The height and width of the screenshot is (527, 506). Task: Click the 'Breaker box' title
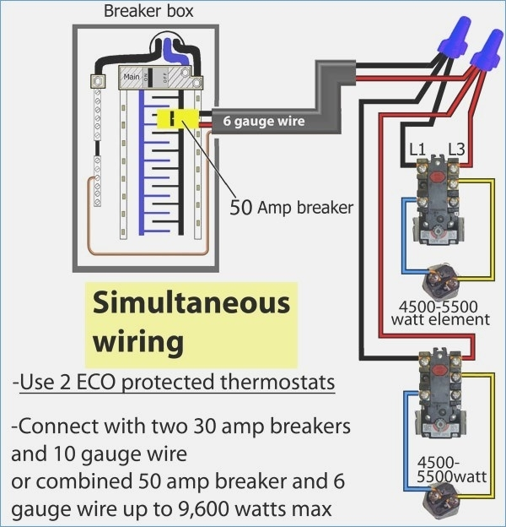coord(148,11)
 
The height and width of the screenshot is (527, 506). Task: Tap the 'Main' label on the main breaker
coord(132,77)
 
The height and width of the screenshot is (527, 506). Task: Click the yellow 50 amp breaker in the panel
coord(178,118)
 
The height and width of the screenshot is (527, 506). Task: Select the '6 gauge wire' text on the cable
coord(264,121)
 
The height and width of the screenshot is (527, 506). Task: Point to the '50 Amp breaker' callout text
coord(291,208)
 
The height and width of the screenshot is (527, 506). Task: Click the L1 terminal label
coord(417,149)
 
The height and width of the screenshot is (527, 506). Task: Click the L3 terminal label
coord(457,149)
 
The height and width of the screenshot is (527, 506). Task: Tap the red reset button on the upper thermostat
coord(437,176)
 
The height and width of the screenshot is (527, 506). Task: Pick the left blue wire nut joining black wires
coord(455,37)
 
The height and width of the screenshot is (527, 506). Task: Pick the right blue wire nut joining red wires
coord(487,51)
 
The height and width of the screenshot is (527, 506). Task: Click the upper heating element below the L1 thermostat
coord(443,280)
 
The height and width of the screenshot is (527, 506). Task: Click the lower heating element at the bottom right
coord(442,500)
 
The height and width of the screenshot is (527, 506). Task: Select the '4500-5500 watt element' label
coord(440,312)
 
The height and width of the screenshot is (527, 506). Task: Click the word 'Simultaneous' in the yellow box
coord(191,303)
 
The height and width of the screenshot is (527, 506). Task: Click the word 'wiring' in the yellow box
coord(138,341)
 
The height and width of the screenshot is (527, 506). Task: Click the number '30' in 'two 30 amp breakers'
coord(205,426)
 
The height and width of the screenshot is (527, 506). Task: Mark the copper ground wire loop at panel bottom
coord(148,253)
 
